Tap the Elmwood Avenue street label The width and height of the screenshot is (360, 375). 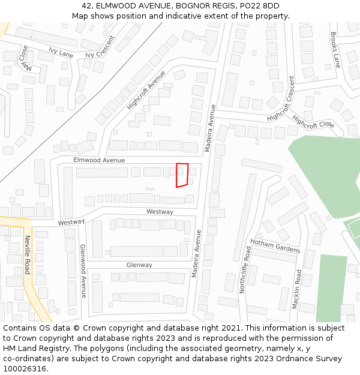99,160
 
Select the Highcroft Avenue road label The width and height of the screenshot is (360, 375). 146,90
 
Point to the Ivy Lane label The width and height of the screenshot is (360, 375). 61,53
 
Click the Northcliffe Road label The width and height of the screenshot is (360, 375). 245,269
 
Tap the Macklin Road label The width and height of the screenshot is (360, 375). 297,289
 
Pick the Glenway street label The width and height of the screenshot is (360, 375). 139,265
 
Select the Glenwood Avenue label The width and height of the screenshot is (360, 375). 83,271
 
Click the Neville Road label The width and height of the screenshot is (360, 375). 27,254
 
